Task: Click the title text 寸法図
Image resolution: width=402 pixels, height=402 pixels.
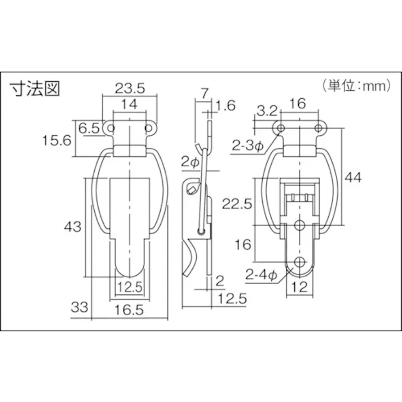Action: coord(35,88)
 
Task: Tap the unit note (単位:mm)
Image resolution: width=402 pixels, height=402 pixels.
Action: coord(357,86)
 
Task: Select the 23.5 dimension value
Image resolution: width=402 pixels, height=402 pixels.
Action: coord(130,87)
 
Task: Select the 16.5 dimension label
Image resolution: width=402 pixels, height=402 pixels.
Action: coord(130,310)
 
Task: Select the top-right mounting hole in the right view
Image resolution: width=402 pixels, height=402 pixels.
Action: coord(319,129)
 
